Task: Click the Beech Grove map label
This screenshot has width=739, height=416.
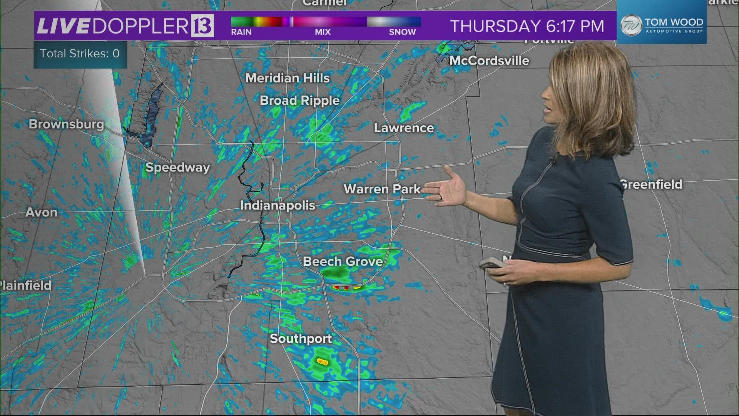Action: pyautogui.click(x=343, y=262)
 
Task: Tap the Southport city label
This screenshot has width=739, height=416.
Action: pyautogui.click(x=301, y=339)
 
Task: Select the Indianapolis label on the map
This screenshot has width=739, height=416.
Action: pyautogui.click(x=278, y=205)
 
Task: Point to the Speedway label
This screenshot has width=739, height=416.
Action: pyautogui.click(x=177, y=168)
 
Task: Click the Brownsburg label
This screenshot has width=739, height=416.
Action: pyautogui.click(x=66, y=124)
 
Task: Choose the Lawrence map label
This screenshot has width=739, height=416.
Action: pyautogui.click(x=404, y=128)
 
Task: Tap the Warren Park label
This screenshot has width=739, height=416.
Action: pyautogui.click(x=382, y=189)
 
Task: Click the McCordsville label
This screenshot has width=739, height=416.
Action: pyautogui.click(x=489, y=60)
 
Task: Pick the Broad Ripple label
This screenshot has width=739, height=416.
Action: pyautogui.click(x=299, y=101)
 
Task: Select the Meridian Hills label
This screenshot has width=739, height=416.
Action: pyautogui.click(x=288, y=78)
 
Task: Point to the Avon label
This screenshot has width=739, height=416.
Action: pyautogui.click(x=41, y=212)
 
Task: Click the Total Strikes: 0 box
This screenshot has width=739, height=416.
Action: pyautogui.click(x=80, y=54)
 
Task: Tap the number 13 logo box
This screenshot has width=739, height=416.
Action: pyautogui.click(x=202, y=26)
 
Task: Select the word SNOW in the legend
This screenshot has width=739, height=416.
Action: pyautogui.click(x=402, y=32)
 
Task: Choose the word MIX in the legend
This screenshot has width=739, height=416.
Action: pyautogui.click(x=323, y=32)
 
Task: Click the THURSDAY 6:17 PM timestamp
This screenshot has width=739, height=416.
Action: pyautogui.click(x=527, y=26)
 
